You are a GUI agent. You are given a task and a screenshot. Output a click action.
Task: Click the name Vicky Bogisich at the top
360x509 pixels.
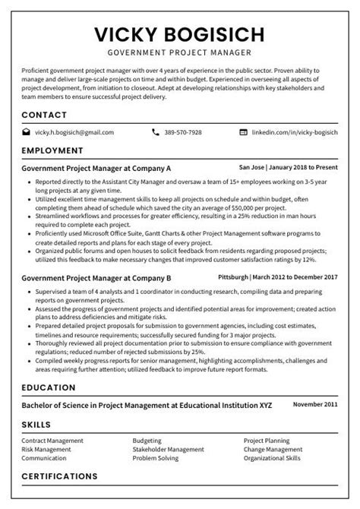(x=180, y=34)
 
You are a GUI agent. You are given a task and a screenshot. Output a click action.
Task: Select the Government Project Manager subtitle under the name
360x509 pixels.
(x=180, y=54)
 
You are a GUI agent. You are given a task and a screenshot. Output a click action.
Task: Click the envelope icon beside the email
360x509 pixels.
(x=27, y=132)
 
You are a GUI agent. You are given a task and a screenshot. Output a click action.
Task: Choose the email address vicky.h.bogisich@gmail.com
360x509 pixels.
(x=74, y=132)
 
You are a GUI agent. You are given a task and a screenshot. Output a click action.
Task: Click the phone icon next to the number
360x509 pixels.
(x=156, y=132)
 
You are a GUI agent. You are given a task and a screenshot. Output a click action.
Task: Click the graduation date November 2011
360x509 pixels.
(x=314, y=404)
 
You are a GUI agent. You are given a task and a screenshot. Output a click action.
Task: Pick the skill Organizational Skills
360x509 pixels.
(x=272, y=458)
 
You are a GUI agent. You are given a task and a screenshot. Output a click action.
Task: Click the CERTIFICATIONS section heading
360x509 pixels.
(x=65, y=476)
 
